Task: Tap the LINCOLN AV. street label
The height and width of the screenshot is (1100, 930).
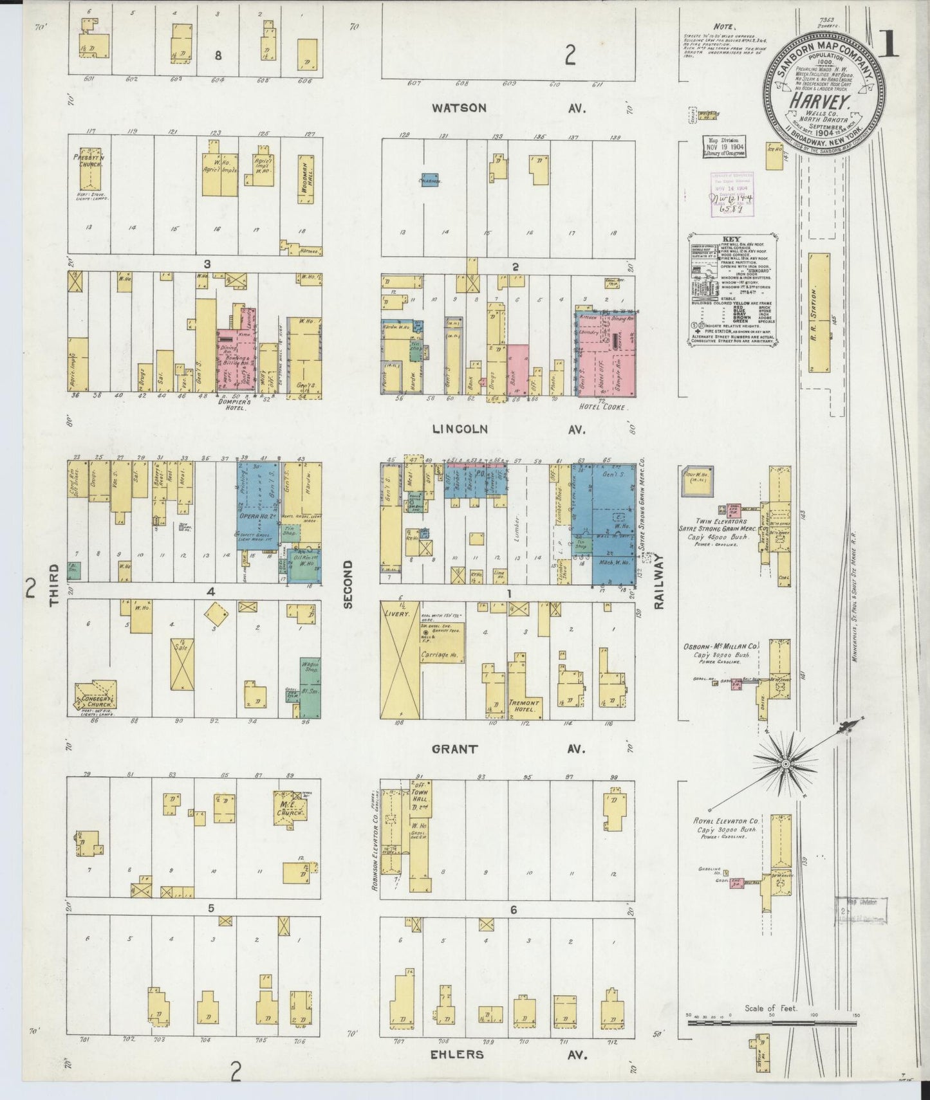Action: point(508,429)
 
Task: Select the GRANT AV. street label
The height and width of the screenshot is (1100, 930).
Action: point(508,749)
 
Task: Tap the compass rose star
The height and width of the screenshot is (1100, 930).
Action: point(785,764)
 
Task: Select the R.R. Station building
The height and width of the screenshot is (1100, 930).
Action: point(819,312)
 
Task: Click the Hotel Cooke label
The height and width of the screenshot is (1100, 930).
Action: point(602,407)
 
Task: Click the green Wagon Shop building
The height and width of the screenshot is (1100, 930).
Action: point(310,687)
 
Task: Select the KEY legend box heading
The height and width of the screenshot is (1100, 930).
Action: point(732,238)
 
